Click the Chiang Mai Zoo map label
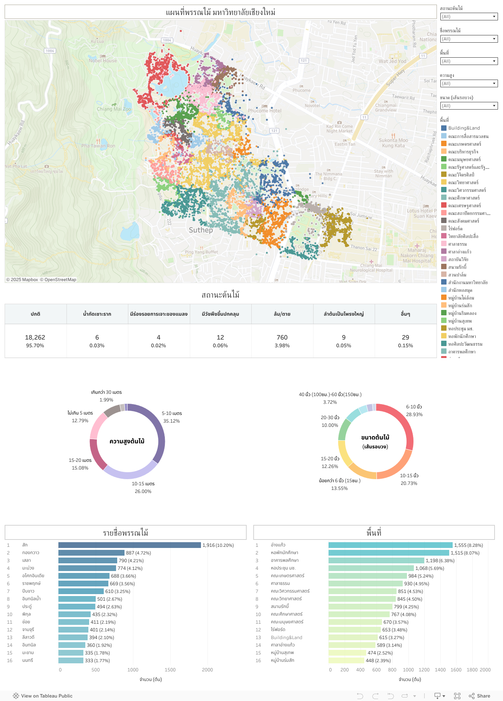click(114, 109)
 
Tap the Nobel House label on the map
click(103, 61)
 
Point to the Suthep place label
click(201, 230)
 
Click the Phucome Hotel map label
click(264, 111)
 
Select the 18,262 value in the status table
click(35, 337)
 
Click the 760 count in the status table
click(282, 337)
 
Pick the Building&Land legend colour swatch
click(444, 128)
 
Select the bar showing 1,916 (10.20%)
click(129, 545)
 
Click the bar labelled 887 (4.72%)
click(91, 553)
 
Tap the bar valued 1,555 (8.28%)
click(390, 545)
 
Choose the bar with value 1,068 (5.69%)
click(371, 568)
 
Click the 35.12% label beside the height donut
click(171, 421)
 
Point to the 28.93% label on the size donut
click(414, 415)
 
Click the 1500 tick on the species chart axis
click(170, 670)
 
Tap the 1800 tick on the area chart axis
click(472, 670)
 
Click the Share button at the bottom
click(480, 696)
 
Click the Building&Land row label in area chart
click(286, 638)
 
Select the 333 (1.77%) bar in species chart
click(71, 661)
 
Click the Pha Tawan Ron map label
click(98, 146)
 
